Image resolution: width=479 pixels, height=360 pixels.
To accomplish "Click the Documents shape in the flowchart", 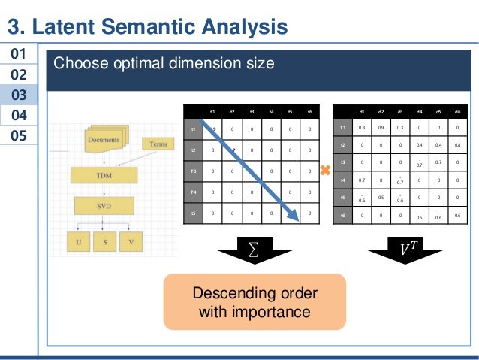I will [104, 141].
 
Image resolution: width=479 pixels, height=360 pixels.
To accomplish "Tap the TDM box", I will [104, 174].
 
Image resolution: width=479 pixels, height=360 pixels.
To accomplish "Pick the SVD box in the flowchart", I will [104, 204].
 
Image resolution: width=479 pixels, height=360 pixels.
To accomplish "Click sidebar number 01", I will [19, 55].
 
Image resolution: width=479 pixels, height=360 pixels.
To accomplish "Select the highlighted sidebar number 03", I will [19, 95].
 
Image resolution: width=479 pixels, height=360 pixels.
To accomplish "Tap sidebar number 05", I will [19, 136].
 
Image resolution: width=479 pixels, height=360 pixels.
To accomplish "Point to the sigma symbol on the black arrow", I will [252, 246].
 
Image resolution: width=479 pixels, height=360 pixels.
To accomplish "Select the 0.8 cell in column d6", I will [458, 144].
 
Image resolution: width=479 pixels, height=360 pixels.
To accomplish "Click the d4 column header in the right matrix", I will [420, 112].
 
